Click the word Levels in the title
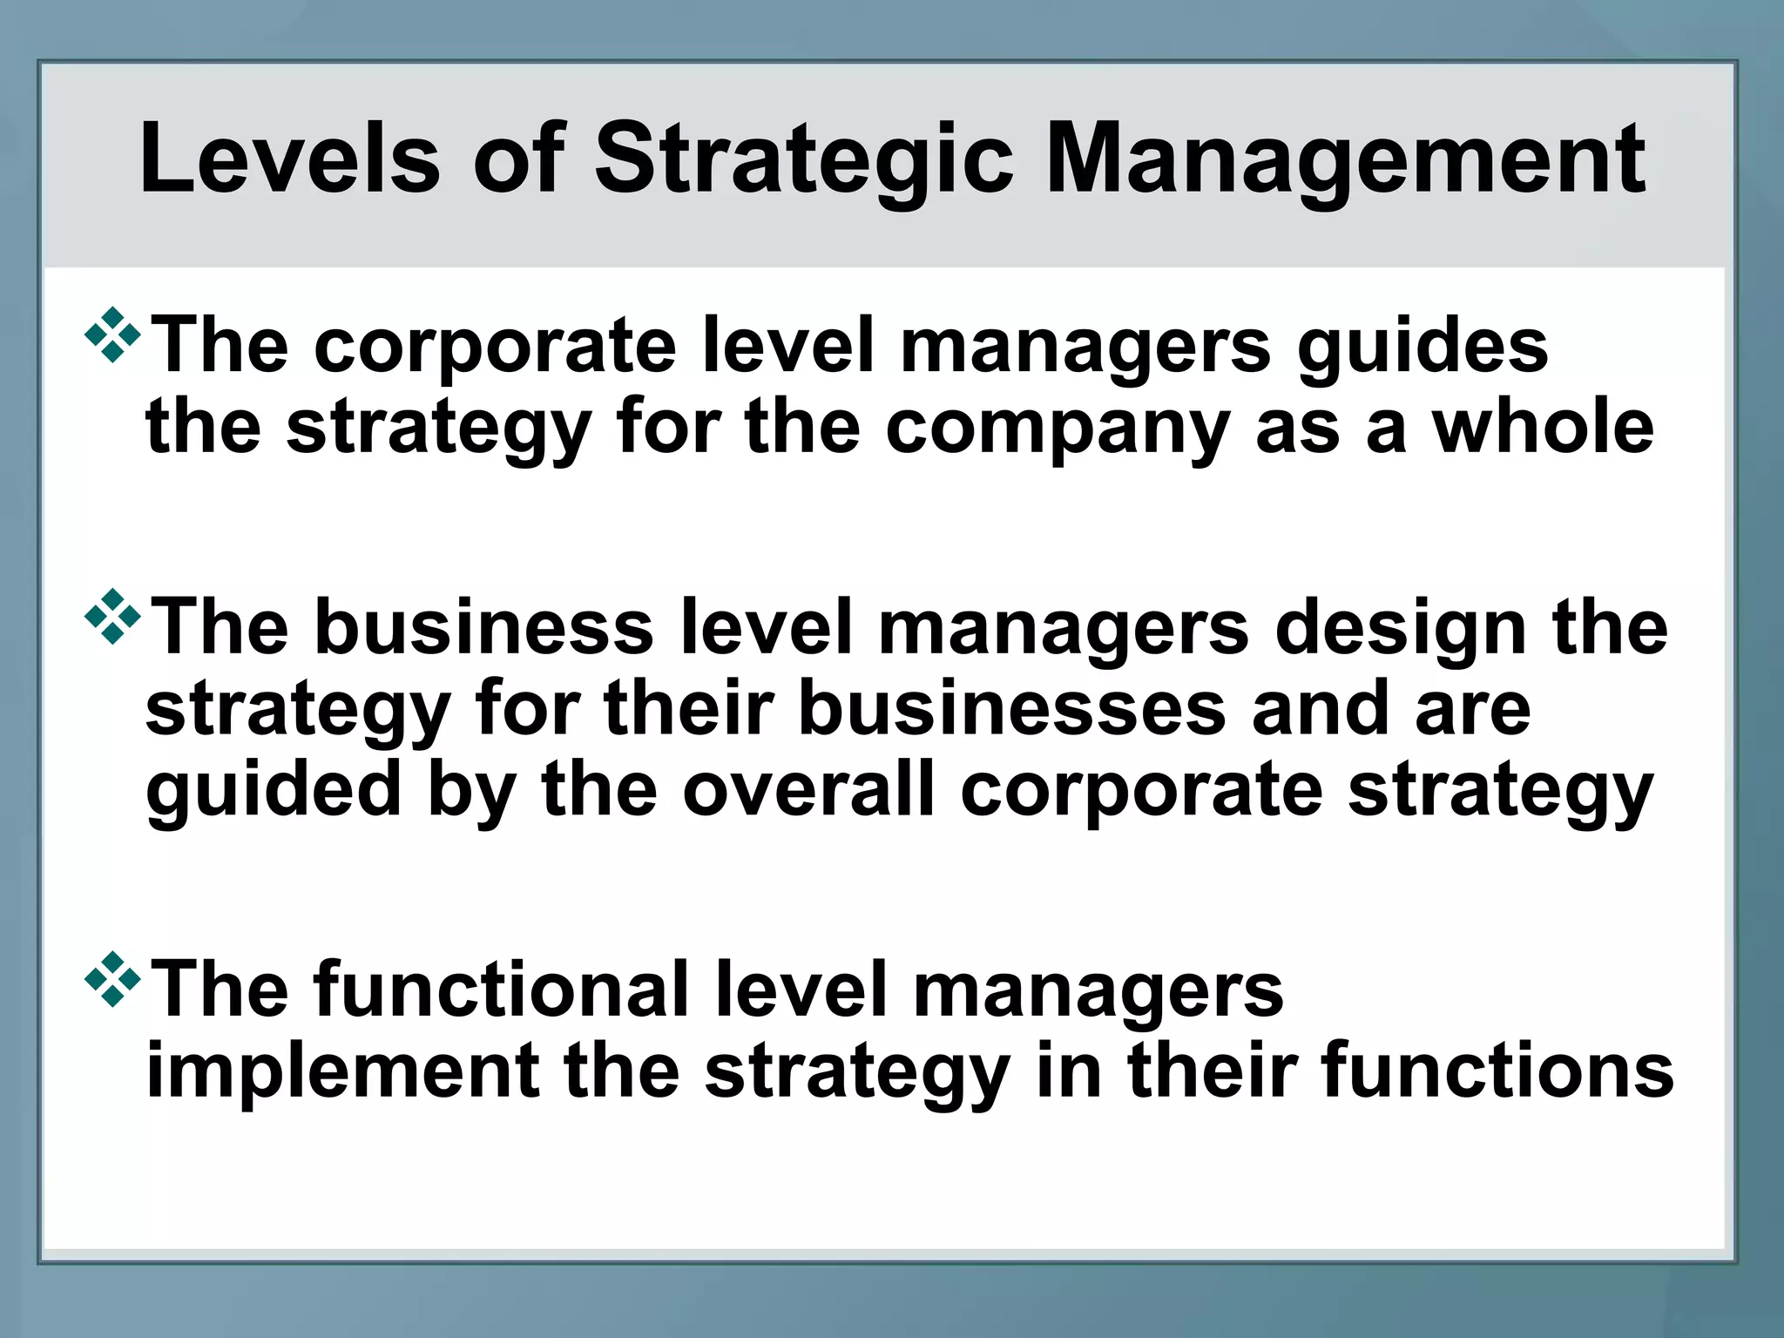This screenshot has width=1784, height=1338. (289, 160)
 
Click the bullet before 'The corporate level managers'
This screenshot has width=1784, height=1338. (112, 334)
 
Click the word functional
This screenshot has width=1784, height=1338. (501, 990)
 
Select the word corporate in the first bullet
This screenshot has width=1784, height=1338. (495, 347)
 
